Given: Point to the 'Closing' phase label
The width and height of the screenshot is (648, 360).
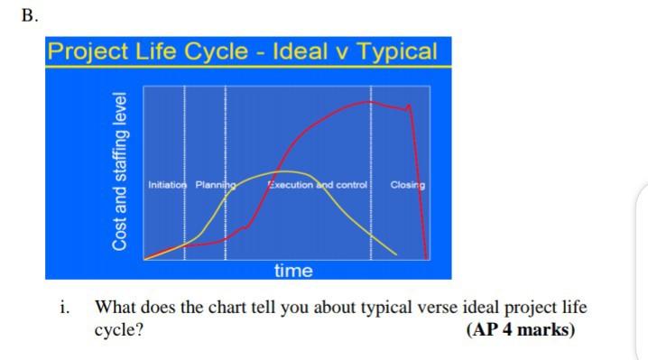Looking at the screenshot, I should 407,185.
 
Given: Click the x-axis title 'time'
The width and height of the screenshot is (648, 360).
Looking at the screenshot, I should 293,270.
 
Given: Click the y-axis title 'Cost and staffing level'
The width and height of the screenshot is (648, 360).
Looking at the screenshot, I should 119,171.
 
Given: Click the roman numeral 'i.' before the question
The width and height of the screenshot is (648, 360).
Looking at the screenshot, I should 64,307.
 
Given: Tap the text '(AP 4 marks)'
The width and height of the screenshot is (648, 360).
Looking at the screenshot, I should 520,328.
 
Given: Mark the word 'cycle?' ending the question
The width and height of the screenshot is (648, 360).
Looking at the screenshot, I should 119,328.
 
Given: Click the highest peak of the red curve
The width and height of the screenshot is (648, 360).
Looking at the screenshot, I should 369,102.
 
